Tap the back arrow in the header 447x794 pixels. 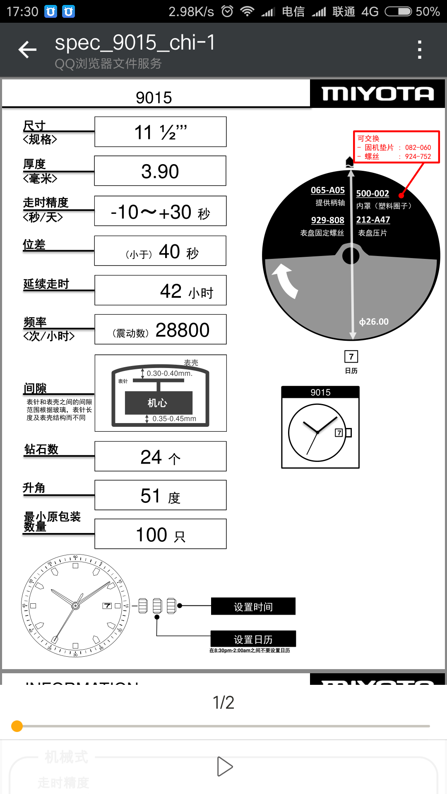click(28, 50)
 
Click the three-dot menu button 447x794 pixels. click(419, 50)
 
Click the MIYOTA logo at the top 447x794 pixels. click(377, 94)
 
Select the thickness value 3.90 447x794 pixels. click(160, 171)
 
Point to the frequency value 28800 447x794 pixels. click(182, 330)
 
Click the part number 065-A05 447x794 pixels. click(327, 190)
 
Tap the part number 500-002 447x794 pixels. click(372, 193)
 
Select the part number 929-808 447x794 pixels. click(327, 220)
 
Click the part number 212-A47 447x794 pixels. click(373, 220)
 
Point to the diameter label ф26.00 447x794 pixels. click(374, 321)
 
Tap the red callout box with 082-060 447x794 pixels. click(396, 147)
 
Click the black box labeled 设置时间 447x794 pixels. click(253, 607)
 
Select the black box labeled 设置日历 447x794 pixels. click(253, 639)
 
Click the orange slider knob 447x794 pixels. click(17, 726)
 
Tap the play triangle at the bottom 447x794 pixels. click(225, 767)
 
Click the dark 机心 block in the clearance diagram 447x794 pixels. click(159, 403)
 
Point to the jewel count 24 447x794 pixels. click(151, 457)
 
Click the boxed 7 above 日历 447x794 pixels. click(351, 356)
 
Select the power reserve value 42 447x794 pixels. click(171, 291)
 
